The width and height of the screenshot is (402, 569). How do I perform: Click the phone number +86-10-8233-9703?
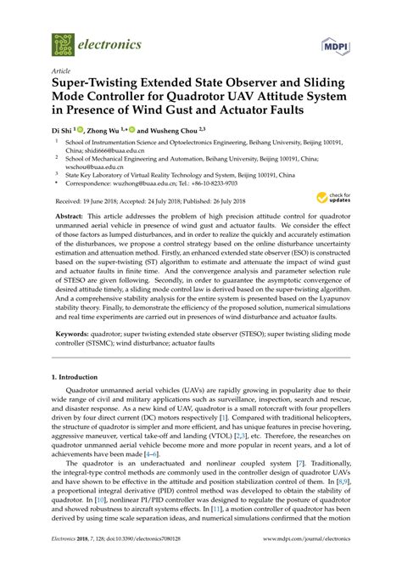click(x=212, y=181)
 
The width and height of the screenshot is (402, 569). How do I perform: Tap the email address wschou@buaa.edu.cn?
click(x=91, y=166)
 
